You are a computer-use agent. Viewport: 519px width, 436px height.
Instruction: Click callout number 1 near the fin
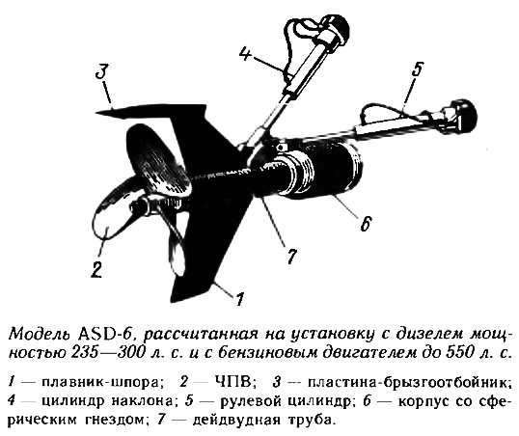(x=239, y=299)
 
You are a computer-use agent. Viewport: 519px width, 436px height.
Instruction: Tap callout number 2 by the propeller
(x=96, y=269)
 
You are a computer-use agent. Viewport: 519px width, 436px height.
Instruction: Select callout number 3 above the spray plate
(x=101, y=72)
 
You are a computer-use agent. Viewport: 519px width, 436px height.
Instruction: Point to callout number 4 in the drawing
(x=245, y=53)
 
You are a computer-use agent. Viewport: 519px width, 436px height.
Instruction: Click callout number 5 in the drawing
(x=417, y=69)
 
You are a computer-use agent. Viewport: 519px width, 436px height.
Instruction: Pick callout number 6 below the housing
(x=366, y=224)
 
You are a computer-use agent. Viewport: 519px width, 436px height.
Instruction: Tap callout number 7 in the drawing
(x=291, y=256)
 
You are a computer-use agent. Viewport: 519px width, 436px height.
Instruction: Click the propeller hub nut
(x=136, y=207)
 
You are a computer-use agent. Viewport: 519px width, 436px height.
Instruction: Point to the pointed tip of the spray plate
(x=97, y=113)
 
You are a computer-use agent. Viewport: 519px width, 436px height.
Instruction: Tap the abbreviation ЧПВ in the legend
(x=233, y=382)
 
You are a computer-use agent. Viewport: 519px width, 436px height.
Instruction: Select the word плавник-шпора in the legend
(x=99, y=383)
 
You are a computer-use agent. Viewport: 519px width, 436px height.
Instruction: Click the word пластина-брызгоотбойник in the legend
(x=407, y=383)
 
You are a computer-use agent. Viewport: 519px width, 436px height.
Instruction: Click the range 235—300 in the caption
(x=108, y=353)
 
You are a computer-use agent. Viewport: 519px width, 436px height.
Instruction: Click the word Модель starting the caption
(x=41, y=335)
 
